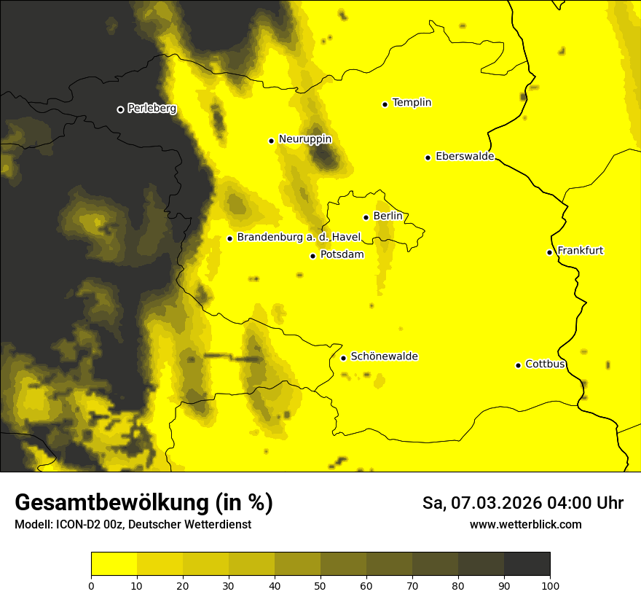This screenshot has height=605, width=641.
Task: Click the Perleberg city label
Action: tap(152, 109)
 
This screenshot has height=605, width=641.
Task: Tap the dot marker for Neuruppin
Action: tap(271, 141)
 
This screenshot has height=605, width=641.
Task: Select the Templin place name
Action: tap(412, 103)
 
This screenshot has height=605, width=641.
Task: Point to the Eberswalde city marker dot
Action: tap(428, 157)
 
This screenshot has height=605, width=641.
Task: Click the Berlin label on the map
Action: tap(388, 216)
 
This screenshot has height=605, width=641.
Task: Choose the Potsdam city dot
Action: tap(312, 256)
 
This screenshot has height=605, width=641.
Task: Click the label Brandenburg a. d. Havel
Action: tap(299, 238)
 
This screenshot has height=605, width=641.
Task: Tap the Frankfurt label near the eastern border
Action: tap(580, 251)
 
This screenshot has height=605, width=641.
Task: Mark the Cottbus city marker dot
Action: tap(518, 365)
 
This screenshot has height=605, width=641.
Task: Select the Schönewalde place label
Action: tap(384, 356)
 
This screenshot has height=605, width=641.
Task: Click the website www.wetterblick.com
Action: tap(525, 525)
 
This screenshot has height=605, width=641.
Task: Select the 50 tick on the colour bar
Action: tap(320, 585)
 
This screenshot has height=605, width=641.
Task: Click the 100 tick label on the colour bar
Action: tap(550, 585)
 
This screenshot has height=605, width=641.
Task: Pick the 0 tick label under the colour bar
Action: tap(91, 585)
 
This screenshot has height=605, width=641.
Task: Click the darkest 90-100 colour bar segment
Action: tap(527, 564)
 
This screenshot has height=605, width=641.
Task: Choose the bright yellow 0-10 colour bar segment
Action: tap(114, 564)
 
